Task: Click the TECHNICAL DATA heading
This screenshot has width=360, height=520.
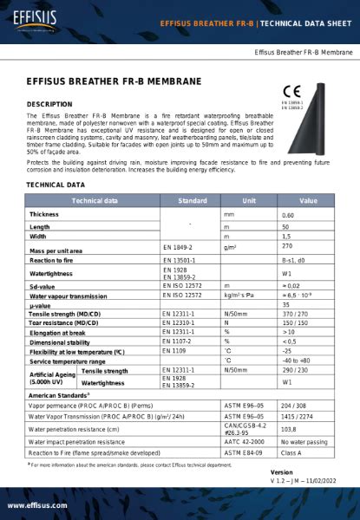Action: tap(56, 185)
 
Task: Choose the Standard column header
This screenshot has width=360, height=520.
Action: tap(192, 200)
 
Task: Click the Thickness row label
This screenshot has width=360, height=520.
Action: tap(44, 214)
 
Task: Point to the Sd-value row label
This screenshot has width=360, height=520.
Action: tap(43, 285)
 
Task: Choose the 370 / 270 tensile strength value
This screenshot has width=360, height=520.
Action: tap(296, 314)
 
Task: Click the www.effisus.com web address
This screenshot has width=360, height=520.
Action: tap(38, 505)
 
